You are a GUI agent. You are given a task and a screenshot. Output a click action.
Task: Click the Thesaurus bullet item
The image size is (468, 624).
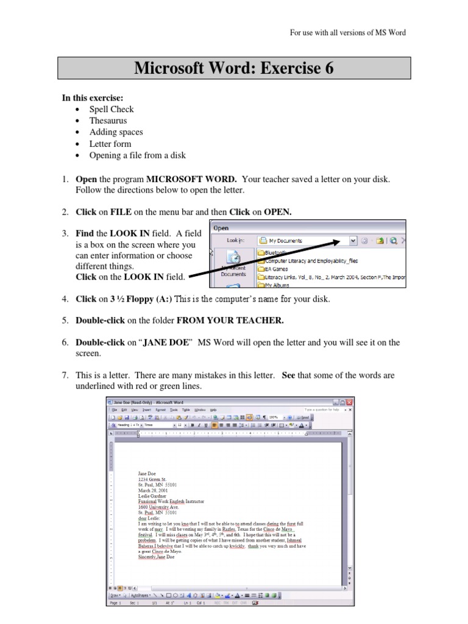pyautogui.click(x=108, y=121)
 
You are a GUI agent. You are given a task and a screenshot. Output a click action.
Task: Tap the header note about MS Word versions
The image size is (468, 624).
pyautogui.click(x=347, y=32)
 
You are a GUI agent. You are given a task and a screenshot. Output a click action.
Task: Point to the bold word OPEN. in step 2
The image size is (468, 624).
pyautogui.click(x=278, y=212)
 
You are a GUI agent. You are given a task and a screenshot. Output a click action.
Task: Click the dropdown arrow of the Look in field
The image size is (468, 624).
pyautogui.click(x=353, y=241)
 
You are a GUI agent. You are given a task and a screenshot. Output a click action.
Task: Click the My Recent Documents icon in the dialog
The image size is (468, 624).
pyautogui.click(x=233, y=266)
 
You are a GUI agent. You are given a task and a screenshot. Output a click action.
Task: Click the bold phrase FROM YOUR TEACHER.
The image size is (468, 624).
pyautogui.click(x=230, y=321)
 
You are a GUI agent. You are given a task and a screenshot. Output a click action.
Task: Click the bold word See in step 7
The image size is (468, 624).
pyautogui.click(x=288, y=375)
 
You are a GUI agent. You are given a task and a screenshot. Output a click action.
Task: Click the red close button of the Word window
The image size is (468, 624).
pyautogui.click(x=349, y=402)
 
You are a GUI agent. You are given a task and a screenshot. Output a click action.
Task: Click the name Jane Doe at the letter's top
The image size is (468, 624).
pyautogui.click(x=147, y=473)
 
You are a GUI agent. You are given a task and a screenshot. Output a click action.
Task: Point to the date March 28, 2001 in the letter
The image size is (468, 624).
pyautogui.click(x=153, y=489)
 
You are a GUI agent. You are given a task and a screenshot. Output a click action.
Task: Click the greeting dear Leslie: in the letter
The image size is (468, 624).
pyautogui.click(x=149, y=519)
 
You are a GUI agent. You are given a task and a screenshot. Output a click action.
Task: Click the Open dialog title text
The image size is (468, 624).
pyautogui.click(x=221, y=228)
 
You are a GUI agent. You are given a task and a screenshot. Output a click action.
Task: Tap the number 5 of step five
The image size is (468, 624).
pyautogui.click(x=64, y=321)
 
